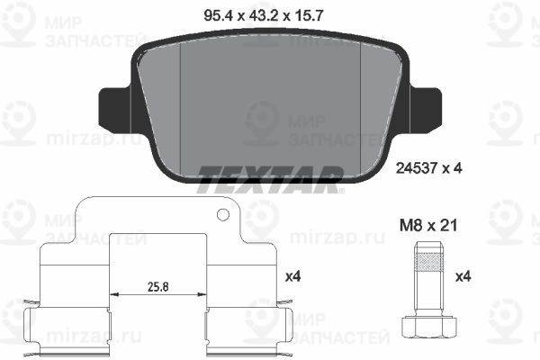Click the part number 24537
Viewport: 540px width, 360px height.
tap(417, 168)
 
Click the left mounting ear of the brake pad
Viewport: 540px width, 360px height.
tap(115, 109)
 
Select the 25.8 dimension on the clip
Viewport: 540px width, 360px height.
tap(158, 286)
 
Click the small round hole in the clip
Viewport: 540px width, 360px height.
tap(223, 214)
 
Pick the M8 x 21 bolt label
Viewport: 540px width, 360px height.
tap(428, 226)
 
